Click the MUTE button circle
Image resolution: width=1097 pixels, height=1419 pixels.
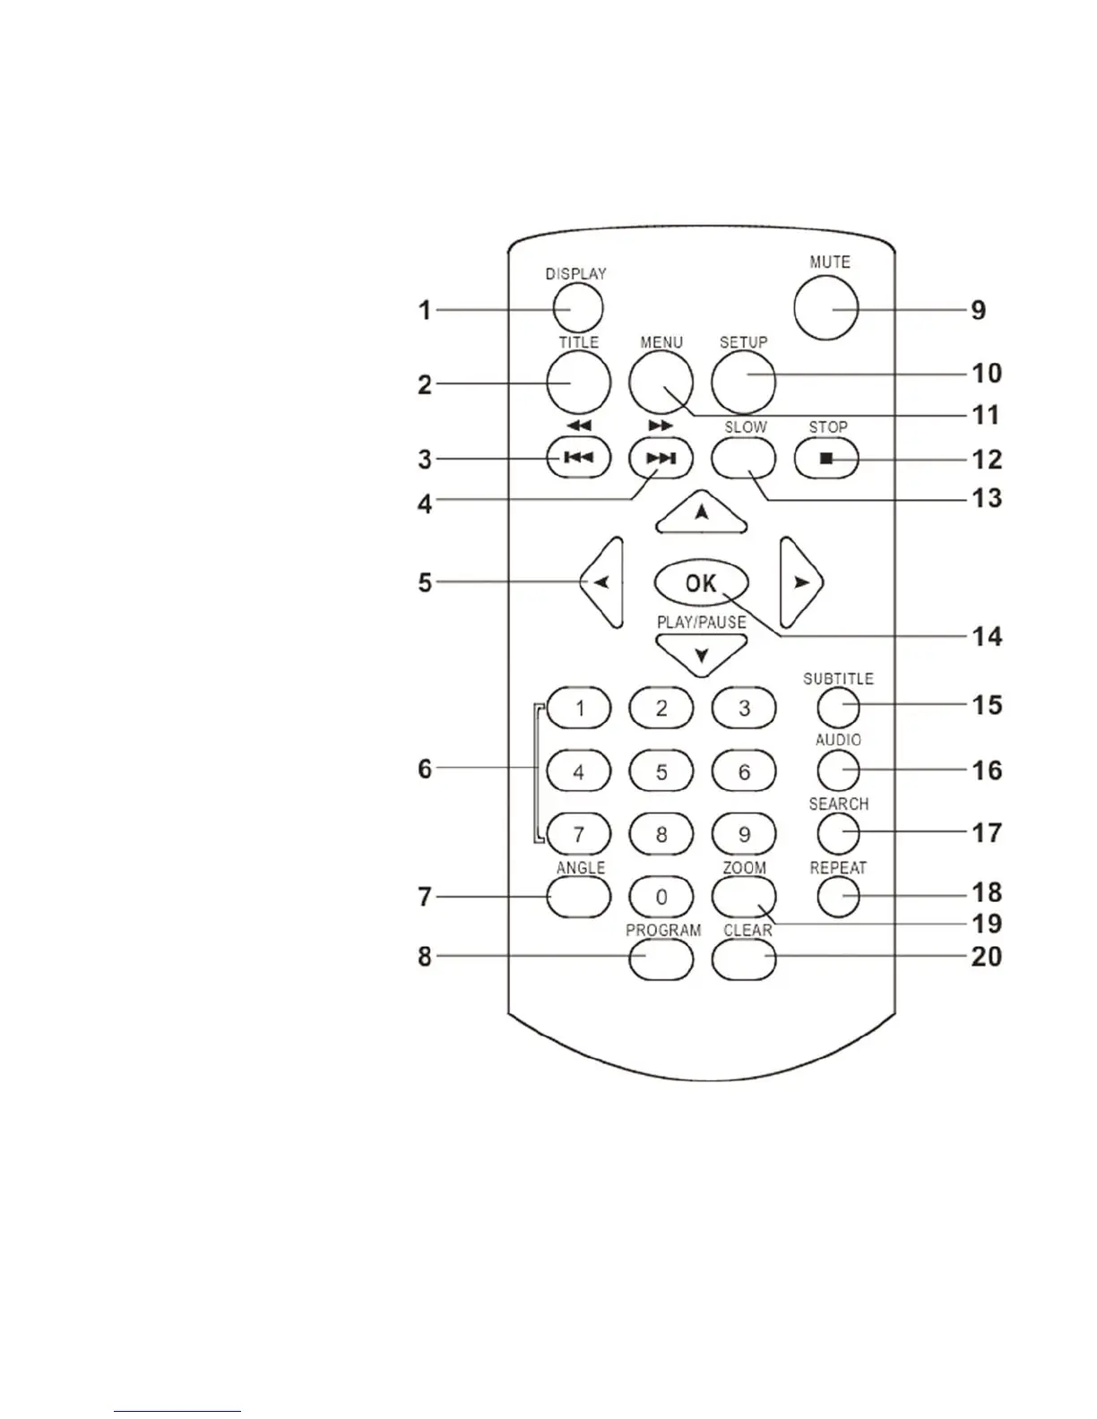click(x=825, y=308)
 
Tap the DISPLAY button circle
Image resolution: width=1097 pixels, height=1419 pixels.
click(x=577, y=309)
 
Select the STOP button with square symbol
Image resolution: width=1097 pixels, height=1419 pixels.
click(x=826, y=459)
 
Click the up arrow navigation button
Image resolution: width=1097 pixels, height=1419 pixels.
click(x=702, y=514)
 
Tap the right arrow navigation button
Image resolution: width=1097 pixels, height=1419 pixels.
click(x=800, y=582)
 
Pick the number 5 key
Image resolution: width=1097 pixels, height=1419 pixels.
click(x=661, y=771)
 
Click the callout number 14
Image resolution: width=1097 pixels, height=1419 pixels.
click(x=987, y=637)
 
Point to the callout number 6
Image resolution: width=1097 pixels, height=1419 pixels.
click(x=425, y=769)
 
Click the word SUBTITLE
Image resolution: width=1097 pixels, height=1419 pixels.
click(x=838, y=679)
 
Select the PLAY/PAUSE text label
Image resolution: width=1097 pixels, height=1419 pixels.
click(x=702, y=623)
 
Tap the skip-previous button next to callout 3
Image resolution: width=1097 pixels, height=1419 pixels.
click(x=578, y=459)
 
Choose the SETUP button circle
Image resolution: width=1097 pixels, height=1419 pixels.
click(x=744, y=382)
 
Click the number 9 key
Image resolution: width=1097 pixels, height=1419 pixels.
click(x=744, y=835)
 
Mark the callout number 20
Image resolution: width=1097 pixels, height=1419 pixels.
click(x=987, y=957)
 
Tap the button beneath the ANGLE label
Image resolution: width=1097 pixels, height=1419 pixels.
click(x=578, y=897)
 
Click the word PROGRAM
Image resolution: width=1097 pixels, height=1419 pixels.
click(x=663, y=931)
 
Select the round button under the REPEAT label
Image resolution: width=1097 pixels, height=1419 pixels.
click(x=838, y=896)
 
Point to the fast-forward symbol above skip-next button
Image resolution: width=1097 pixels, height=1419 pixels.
click(x=661, y=425)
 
